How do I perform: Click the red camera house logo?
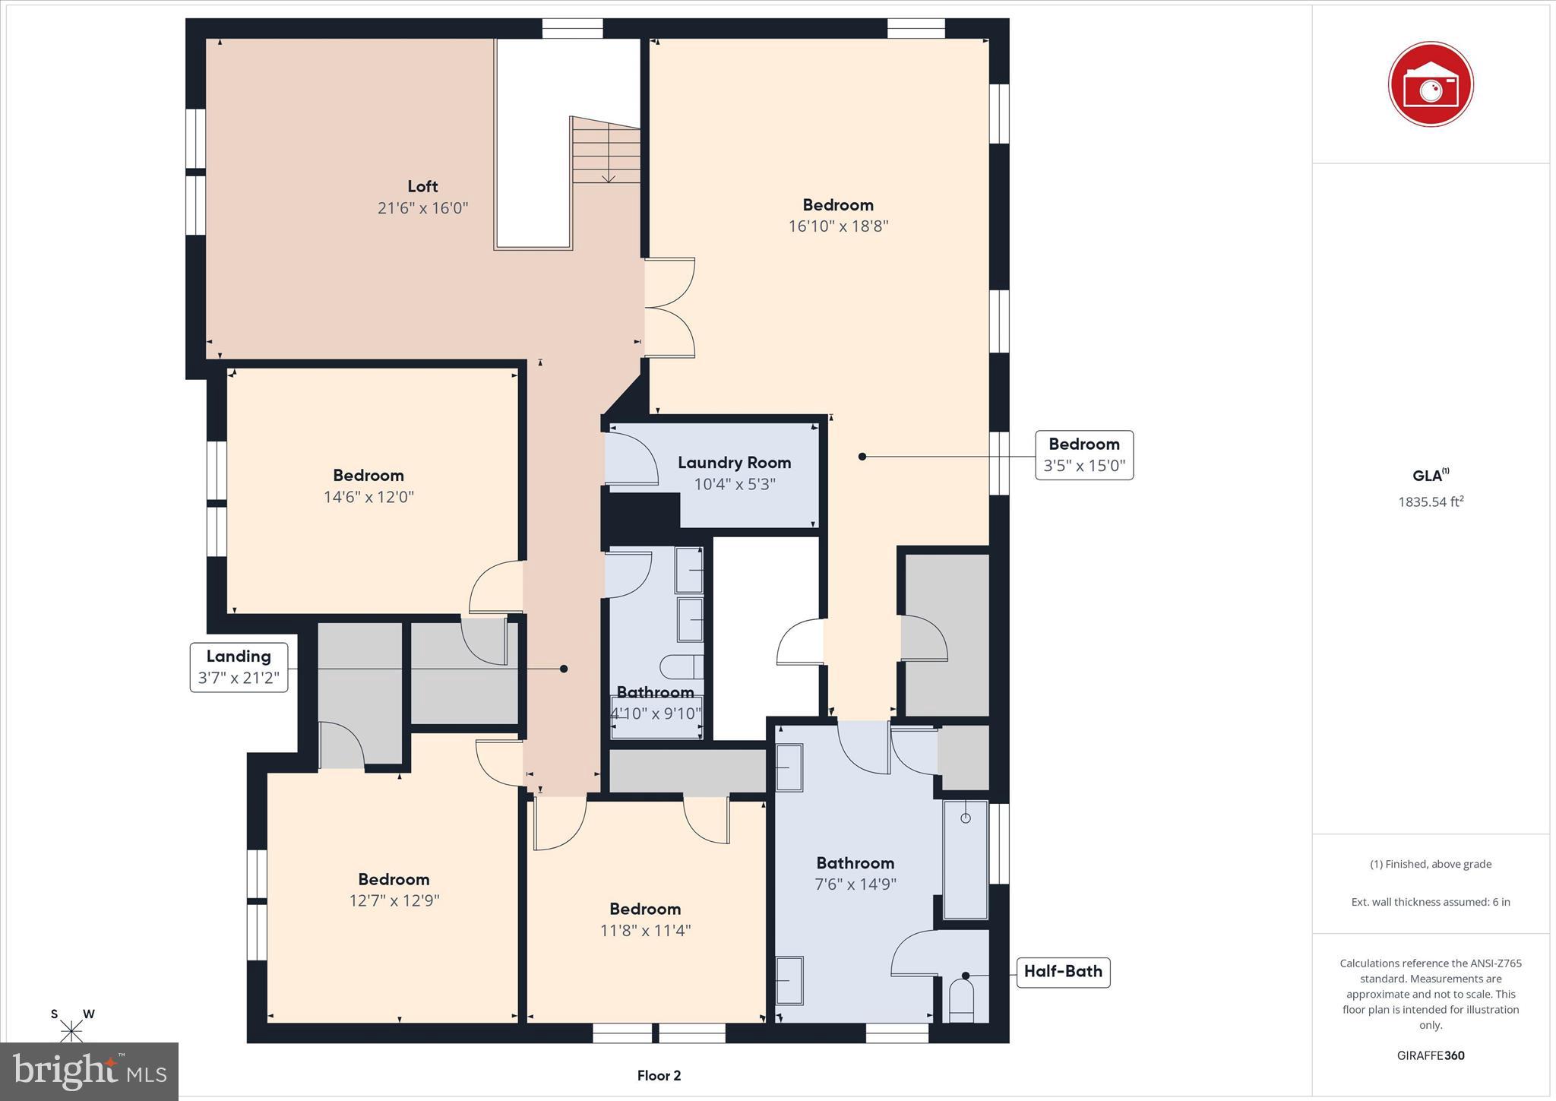coord(1430,84)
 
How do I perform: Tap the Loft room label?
coord(422,186)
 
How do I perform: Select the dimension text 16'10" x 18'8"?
coord(838,226)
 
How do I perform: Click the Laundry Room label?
coord(734,463)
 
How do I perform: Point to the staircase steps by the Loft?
coord(606,150)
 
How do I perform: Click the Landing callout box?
coord(239,667)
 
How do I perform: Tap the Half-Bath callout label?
coord(1063,971)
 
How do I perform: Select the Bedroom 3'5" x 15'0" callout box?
coord(1083,455)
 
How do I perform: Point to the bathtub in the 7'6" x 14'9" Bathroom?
coord(965,859)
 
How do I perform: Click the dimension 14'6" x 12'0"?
coord(368,497)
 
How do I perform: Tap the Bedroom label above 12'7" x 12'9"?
coord(394,879)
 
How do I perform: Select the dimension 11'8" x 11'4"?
coord(645,930)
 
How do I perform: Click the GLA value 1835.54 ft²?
coord(1430,501)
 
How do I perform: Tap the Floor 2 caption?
coord(659,1075)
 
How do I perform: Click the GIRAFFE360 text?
coord(1430,1055)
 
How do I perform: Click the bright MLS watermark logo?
coord(90,1071)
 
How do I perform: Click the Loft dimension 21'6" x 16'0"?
coord(422,207)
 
